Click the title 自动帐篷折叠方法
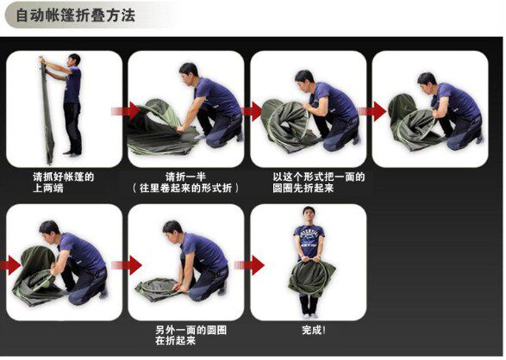click(x=76, y=16)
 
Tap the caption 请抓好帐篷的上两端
click(x=63, y=183)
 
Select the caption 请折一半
click(x=185, y=177)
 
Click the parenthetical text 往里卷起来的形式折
click(x=185, y=188)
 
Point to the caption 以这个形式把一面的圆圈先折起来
click(x=318, y=183)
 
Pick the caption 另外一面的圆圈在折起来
click(x=191, y=335)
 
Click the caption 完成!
click(x=314, y=330)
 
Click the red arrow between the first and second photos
click(x=126, y=111)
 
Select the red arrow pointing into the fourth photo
click(x=372, y=111)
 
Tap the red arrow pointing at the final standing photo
click(x=249, y=265)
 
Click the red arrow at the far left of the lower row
click(x=10, y=265)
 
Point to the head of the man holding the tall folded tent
click(x=74, y=60)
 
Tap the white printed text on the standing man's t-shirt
click(x=309, y=239)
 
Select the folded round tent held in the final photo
click(x=311, y=278)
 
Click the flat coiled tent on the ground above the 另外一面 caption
click(x=158, y=289)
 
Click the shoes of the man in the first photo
click(x=72, y=153)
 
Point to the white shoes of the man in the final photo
click(x=309, y=315)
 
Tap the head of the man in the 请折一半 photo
click(x=189, y=73)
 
